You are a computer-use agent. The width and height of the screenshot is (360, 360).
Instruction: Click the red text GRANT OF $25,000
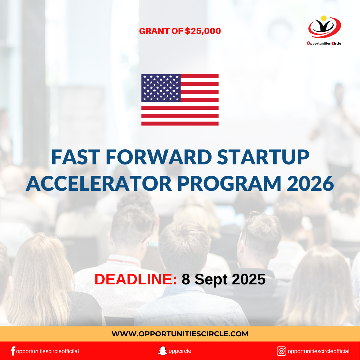tap(180, 31)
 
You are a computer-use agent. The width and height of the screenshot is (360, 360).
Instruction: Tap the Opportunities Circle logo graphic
tap(324, 28)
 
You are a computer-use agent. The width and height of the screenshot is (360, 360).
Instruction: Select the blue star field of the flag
tap(161, 88)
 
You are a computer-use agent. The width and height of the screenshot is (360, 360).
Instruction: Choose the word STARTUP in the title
tap(263, 157)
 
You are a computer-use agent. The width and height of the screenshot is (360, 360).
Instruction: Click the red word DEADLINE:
tap(136, 279)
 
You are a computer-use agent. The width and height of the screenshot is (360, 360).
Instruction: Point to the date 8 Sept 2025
tap(223, 279)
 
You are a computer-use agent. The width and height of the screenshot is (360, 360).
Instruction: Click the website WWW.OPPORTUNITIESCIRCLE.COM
tap(180, 334)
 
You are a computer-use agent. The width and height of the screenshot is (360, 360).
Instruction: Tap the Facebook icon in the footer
tap(13, 351)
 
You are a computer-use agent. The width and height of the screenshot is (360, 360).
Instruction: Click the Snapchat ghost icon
tap(163, 351)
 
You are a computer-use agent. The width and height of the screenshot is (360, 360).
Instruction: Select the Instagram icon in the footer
tap(281, 351)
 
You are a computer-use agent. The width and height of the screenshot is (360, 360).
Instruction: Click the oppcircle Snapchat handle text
tap(180, 351)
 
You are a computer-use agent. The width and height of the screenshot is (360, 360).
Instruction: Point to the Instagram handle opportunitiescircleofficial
tap(318, 351)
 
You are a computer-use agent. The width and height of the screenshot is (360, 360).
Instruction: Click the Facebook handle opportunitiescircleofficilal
tap(47, 351)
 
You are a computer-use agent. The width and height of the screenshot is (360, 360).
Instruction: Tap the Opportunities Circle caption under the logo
tap(324, 43)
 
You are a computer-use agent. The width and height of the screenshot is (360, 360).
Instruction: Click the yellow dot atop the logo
tap(324, 18)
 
